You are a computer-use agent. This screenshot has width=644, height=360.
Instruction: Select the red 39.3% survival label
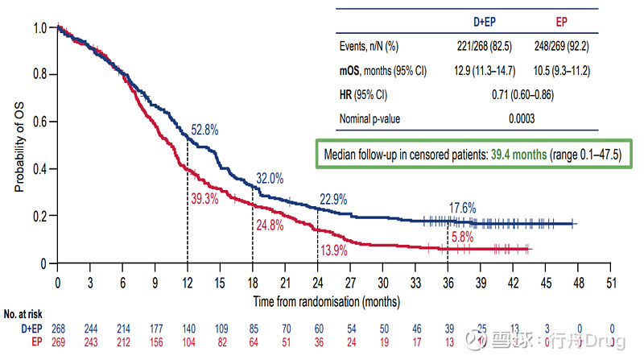coord(205,197)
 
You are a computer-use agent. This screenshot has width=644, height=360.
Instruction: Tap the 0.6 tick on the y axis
coord(40,122)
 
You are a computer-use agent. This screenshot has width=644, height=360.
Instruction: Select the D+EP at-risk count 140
coord(188,329)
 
